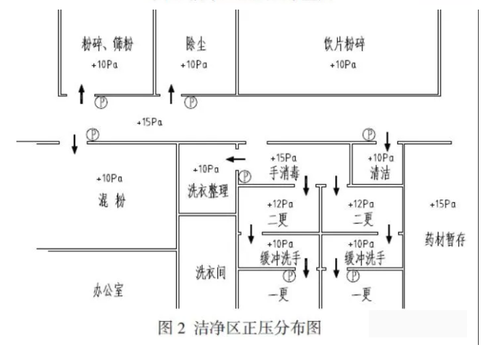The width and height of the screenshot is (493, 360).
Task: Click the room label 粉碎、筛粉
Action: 105,46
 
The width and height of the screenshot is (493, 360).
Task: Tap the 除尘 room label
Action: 196,45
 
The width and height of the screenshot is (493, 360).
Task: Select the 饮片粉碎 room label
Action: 343,46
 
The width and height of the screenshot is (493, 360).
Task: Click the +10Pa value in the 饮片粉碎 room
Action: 343,64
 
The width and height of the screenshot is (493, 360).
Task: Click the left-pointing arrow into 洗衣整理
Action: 236,160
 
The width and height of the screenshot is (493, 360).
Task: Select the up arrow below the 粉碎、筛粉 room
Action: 82,94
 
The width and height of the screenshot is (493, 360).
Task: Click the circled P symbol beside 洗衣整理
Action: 244,177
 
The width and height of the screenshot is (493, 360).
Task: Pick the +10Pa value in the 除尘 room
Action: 194,64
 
